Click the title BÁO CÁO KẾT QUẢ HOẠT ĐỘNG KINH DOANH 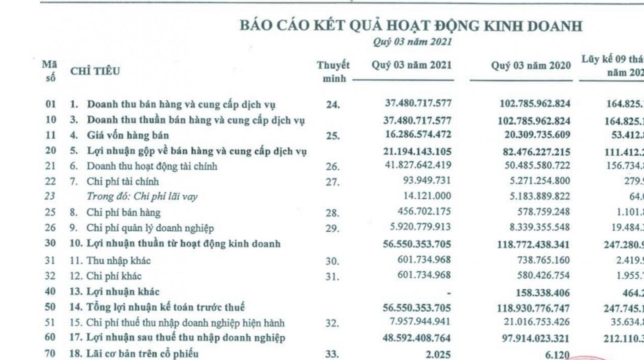click(x=411, y=26)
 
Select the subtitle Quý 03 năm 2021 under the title click(x=412, y=42)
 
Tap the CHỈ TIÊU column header click(x=95, y=71)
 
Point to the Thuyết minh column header click(x=333, y=72)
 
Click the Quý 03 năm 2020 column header click(x=530, y=66)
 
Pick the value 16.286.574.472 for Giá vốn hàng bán click(x=418, y=134)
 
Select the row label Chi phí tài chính click(x=123, y=181)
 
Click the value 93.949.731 click(x=427, y=181)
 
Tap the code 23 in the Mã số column click(x=50, y=196)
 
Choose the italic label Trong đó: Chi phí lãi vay click(x=142, y=197)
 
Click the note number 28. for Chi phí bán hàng click(x=332, y=213)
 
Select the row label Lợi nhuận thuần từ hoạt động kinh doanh click(x=183, y=244)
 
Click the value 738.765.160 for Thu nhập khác click(x=543, y=260)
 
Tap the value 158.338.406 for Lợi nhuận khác click(x=543, y=292)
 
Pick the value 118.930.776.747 click(x=533, y=309)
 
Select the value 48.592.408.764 click(x=417, y=338)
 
